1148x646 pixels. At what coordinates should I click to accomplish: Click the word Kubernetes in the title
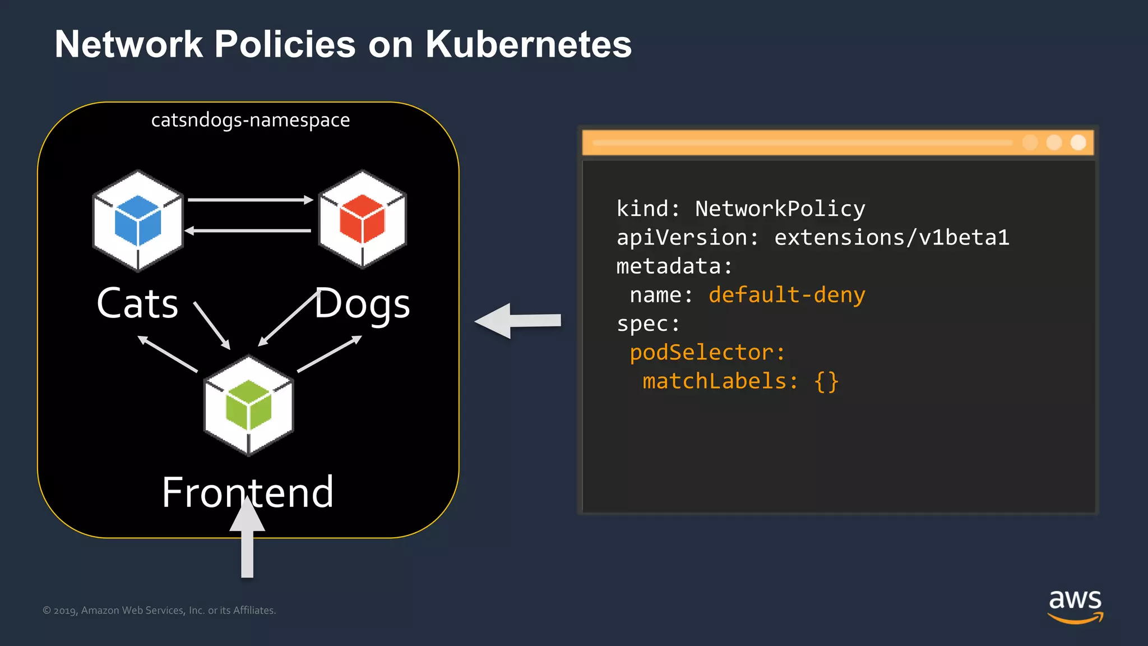[528, 44]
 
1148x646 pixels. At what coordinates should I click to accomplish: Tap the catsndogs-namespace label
[250, 120]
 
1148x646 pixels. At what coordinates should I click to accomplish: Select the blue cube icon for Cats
[138, 220]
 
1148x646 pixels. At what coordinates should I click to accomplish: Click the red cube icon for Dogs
[362, 219]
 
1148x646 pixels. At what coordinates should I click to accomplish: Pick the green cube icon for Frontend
[248, 405]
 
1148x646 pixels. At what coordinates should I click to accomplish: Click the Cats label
[137, 303]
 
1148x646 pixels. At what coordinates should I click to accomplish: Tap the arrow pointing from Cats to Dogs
[249, 200]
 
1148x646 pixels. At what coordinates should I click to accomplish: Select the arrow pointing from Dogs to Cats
[248, 230]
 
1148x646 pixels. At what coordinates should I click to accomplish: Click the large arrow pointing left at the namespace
[517, 321]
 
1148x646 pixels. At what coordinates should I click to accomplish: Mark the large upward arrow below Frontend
[247, 538]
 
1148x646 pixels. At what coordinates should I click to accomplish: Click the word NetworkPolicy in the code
[780, 209]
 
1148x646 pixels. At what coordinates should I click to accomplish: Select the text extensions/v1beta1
[891, 237]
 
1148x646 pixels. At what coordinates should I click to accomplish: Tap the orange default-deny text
[786, 295]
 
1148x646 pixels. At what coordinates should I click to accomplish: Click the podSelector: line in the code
[707, 353]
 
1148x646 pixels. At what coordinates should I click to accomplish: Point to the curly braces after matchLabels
[826, 382]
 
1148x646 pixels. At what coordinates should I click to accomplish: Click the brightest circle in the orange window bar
[1078, 142]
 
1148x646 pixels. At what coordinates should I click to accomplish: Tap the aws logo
[1075, 606]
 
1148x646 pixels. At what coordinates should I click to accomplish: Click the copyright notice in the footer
[159, 610]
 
